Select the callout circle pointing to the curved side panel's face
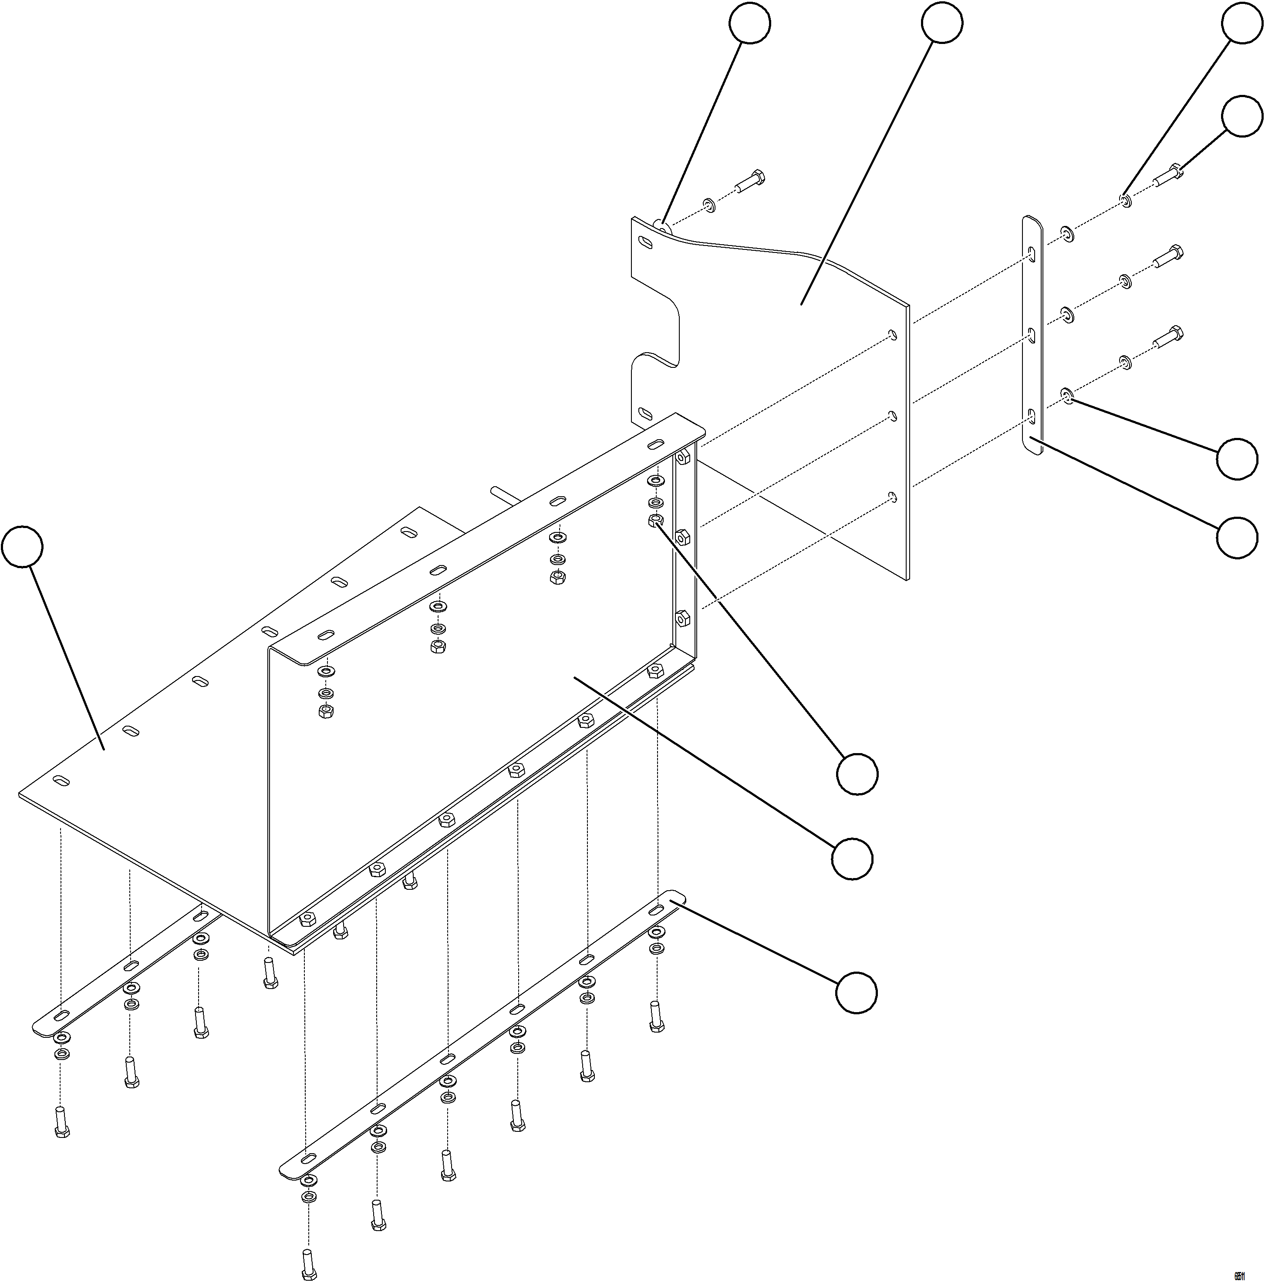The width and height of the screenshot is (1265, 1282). [x=942, y=23]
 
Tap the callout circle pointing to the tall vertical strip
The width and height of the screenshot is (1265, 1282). [x=1237, y=538]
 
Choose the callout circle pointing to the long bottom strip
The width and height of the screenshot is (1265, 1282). [x=856, y=993]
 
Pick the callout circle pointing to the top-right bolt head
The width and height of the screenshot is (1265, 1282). [x=1242, y=117]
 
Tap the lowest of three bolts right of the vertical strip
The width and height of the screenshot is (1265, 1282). [x=1167, y=338]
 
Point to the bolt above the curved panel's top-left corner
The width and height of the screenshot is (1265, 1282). [x=750, y=181]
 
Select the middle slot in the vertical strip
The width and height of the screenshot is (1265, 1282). [x=1032, y=336]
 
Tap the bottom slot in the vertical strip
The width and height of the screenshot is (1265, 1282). [x=1032, y=417]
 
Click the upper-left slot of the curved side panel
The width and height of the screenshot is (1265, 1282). [x=644, y=243]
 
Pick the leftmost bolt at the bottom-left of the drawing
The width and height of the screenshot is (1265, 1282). [x=61, y=1121]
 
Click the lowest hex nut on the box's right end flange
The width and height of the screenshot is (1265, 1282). [x=682, y=619]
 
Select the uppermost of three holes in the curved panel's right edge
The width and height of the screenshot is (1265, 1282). [x=893, y=335]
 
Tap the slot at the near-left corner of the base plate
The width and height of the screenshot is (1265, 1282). [x=61, y=781]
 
